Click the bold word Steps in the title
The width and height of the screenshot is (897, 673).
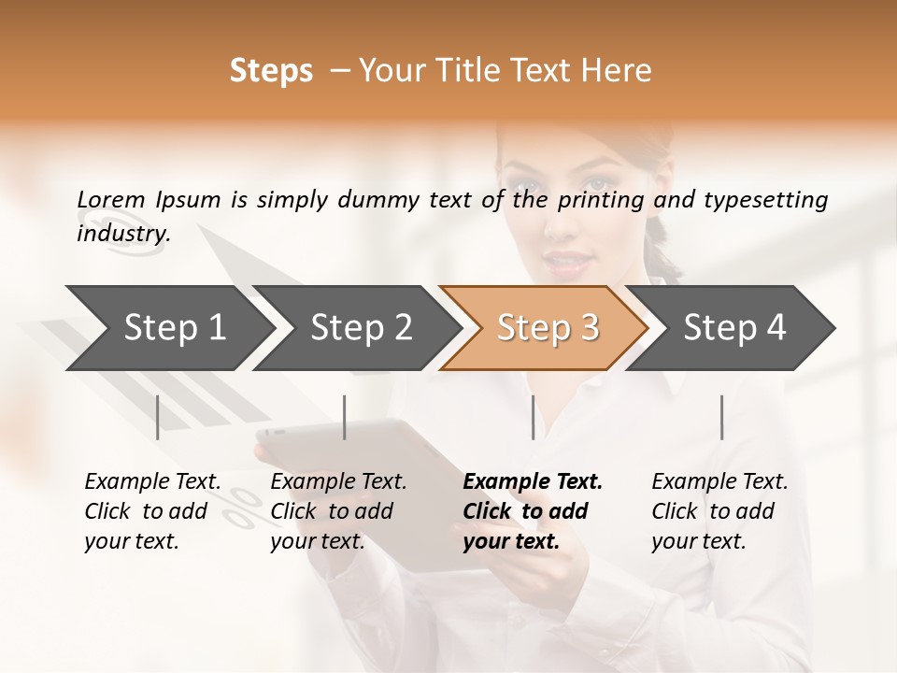271,71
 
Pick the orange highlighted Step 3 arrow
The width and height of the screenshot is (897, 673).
547,327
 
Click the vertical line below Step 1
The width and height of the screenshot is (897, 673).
158,417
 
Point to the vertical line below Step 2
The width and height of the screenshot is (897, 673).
345,417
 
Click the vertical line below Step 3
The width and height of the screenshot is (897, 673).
534,417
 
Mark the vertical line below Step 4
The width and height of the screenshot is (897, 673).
721,417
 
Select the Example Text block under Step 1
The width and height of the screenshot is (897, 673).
152,511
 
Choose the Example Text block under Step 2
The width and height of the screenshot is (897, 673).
338,511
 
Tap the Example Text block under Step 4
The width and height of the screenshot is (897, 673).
719,511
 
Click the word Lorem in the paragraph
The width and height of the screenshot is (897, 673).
110,199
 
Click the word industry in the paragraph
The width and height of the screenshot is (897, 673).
122,234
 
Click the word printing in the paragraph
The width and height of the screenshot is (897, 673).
601,200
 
